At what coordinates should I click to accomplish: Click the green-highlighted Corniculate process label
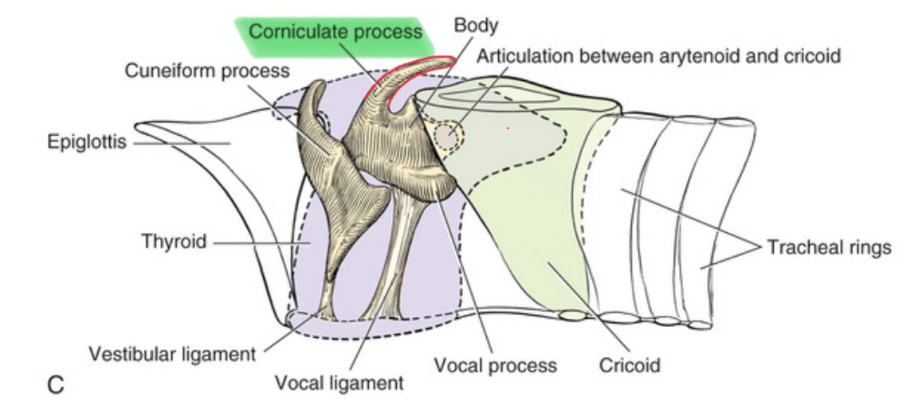335,32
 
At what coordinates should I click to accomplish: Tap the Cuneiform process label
207,71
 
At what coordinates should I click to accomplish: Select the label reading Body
475,26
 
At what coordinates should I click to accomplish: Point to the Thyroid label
174,242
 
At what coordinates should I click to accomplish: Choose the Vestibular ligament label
172,354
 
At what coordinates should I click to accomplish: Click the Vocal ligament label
339,383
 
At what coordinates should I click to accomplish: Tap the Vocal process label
495,365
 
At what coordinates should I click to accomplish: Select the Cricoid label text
629,365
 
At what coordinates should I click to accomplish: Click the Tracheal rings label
829,247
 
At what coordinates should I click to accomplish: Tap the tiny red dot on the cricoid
507,128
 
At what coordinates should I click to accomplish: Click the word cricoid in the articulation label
808,56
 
